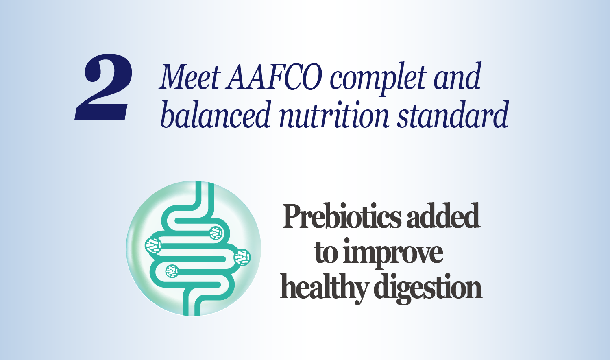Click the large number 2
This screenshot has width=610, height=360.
(103, 87)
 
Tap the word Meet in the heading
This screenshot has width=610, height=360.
(190, 77)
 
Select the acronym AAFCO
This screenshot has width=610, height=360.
(274, 77)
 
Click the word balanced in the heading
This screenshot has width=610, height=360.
(216, 114)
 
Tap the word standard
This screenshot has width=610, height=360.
(453, 114)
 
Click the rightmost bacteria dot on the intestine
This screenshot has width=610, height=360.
(242, 257)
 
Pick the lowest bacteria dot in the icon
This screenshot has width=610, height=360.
(172, 271)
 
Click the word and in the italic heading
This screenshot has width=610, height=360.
(457, 77)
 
